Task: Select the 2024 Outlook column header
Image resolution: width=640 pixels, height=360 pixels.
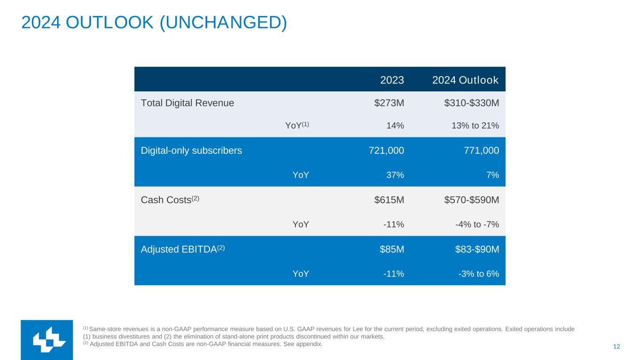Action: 465,80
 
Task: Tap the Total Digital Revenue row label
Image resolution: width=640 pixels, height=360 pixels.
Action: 188,103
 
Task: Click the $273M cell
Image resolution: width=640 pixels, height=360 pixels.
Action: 389,103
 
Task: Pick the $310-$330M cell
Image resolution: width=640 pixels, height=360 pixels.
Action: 471,103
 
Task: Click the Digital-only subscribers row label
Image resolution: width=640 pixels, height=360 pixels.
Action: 191,150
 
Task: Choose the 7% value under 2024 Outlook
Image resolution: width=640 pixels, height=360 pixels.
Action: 492,175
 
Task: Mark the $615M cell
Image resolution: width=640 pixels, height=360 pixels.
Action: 389,200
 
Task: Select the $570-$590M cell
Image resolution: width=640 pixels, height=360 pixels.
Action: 471,200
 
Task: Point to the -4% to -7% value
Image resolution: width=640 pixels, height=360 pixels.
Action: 477,224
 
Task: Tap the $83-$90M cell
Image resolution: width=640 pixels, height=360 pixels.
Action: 477,249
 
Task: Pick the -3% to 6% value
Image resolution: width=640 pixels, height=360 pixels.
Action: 479,274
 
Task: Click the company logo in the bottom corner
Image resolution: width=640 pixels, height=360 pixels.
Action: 47,340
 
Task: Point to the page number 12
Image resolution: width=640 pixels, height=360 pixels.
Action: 617,346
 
